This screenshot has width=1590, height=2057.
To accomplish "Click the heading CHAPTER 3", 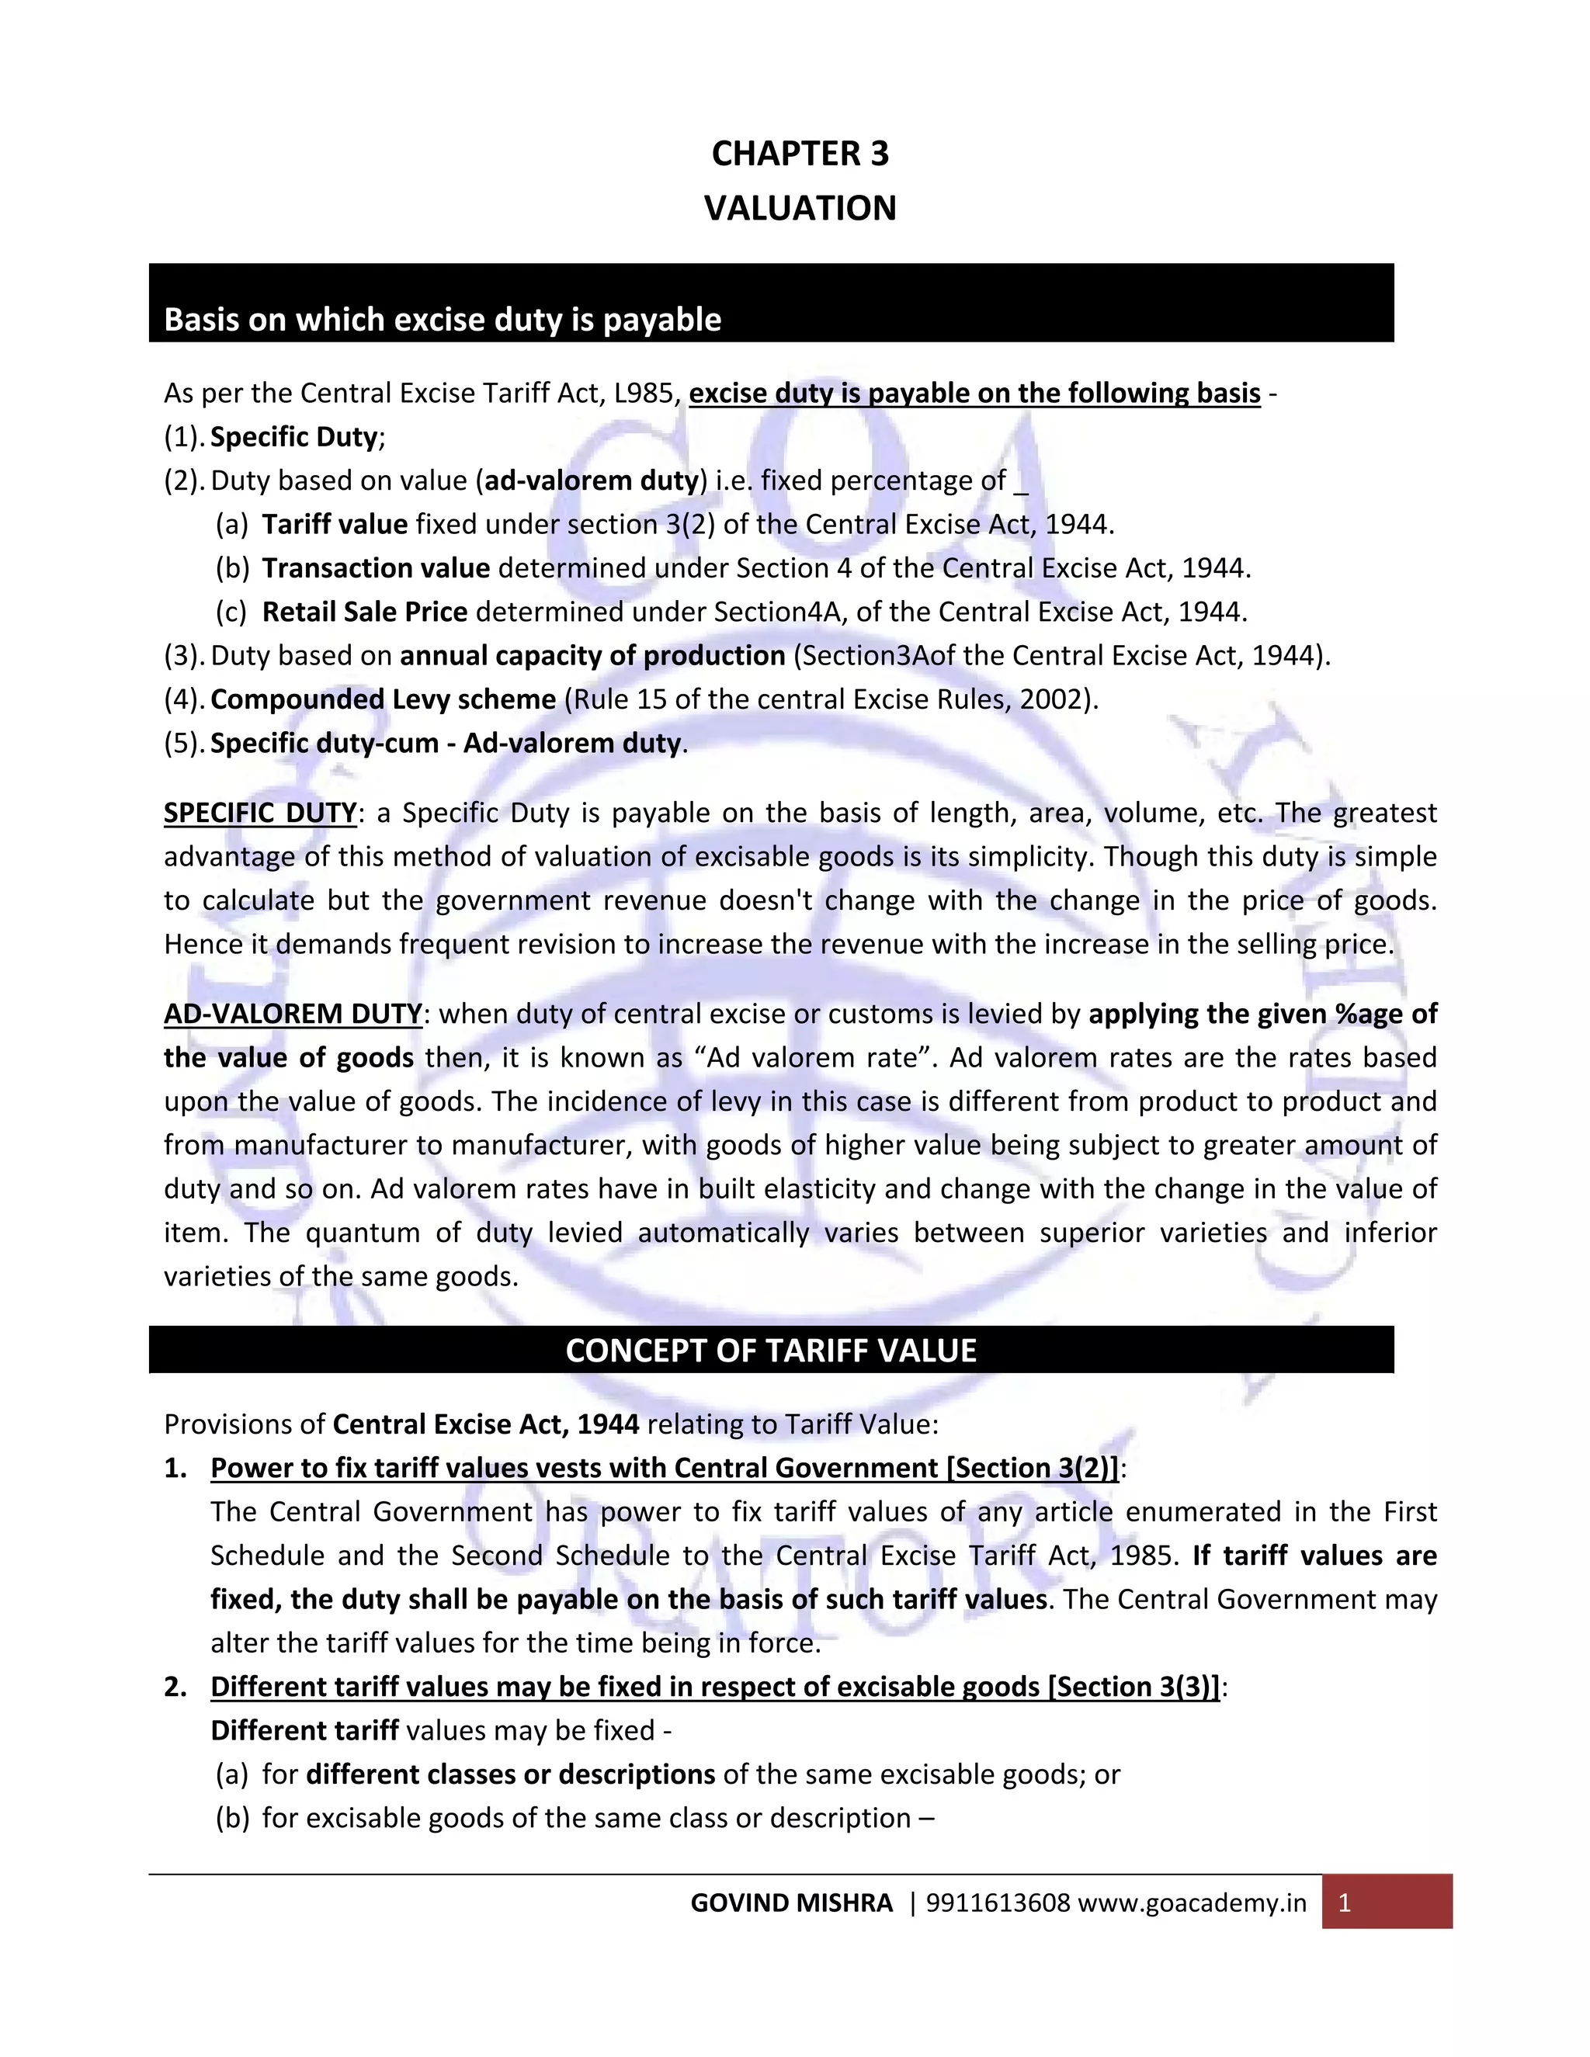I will pyautogui.click(x=800, y=154).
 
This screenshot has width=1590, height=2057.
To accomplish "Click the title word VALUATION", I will pyautogui.click(x=800, y=208).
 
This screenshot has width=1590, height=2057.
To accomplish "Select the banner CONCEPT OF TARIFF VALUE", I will pyautogui.click(x=770, y=1351).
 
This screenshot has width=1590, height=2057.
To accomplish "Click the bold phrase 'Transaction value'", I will pyautogui.click(x=376, y=568).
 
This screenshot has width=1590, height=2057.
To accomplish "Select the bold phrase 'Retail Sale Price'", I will pyautogui.click(x=365, y=612).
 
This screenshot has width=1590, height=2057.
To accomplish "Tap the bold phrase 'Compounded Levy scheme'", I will pyautogui.click(x=384, y=700).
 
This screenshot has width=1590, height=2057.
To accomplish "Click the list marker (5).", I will pyautogui.click(x=184, y=743).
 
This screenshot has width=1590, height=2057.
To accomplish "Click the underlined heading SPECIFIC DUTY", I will pyautogui.click(x=260, y=813).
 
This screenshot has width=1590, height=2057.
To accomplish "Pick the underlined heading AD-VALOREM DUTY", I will pyautogui.click(x=293, y=1014).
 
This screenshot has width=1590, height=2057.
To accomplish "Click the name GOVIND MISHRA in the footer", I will pyautogui.click(x=791, y=1903).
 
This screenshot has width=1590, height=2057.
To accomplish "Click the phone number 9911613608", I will pyautogui.click(x=998, y=1903).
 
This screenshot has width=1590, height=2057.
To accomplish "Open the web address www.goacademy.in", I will pyautogui.click(x=1192, y=1903).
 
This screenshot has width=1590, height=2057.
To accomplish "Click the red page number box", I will pyautogui.click(x=1387, y=1902).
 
